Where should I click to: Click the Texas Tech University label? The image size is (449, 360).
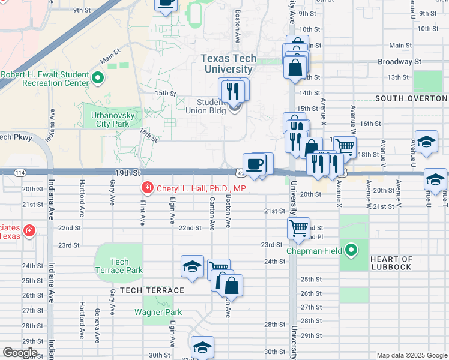[228, 64]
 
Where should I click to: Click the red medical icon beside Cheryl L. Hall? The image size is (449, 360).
[146, 188]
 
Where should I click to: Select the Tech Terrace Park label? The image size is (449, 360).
[119, 266]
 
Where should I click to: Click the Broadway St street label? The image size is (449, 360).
[399, 62]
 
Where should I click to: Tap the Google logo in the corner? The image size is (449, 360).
[20, 353]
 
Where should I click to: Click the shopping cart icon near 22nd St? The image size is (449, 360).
[298, 228]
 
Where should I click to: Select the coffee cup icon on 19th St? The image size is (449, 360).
[255, 163]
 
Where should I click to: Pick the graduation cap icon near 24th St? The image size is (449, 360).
[191, 266]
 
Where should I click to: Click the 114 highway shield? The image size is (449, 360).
[20, 173]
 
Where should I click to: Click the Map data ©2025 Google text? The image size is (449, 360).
[411, 355]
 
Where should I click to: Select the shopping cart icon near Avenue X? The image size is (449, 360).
[344, 145]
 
